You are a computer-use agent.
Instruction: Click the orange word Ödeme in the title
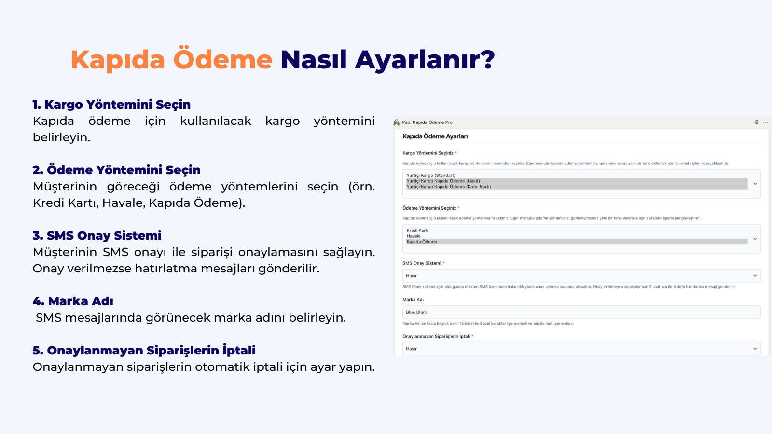point(222,60)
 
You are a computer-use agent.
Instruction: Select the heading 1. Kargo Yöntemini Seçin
point(111,105)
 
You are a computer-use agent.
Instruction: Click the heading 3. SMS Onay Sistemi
point(97,236)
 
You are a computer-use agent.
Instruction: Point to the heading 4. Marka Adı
point(73,301)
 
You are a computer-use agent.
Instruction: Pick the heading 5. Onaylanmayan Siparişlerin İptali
point(144,351)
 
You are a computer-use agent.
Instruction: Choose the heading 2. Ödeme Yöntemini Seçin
point(116,170)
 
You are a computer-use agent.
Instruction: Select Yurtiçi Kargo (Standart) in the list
point(431,176)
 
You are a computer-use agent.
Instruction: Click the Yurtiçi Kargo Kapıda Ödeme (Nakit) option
point(443,181)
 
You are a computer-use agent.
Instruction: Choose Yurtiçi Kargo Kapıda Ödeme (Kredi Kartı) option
point(448,187)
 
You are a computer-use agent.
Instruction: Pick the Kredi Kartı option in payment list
point(417,231)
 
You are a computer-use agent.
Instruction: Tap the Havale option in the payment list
point(414,236)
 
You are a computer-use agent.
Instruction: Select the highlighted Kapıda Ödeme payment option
point(422,242)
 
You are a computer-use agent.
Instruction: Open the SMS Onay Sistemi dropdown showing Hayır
point(581,276)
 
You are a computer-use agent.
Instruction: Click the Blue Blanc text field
point(581,312)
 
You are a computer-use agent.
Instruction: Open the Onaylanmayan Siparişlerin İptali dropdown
point(581,349)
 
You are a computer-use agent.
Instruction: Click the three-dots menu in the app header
point(766,122)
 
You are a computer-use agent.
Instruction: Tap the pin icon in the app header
point(757,122)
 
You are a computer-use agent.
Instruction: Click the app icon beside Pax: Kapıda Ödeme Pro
point(397,122)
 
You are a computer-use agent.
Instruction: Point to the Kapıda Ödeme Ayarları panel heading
point(435,136)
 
